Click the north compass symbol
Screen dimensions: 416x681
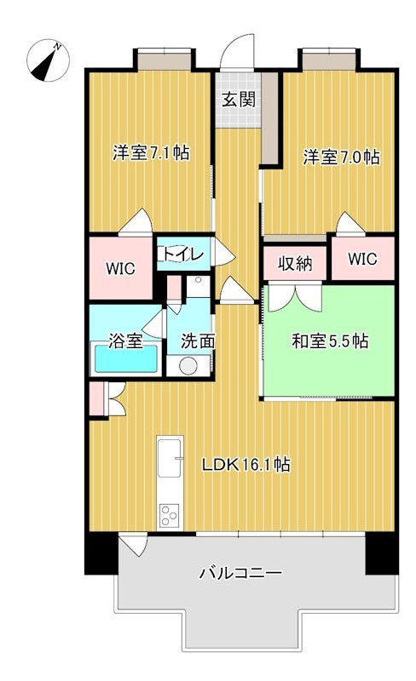click(48, 60)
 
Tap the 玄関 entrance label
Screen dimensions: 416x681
click(239, 100)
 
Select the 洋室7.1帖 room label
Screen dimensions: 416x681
click(151, 153)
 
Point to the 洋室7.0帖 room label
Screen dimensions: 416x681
click(341, 157)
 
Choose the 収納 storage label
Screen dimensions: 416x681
click(296, 264)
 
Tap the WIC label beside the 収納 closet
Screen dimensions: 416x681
click(362, 260)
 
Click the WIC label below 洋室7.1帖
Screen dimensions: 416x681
click(120, 268)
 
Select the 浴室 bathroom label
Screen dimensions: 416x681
click(125, 341)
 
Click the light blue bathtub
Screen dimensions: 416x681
click(126, 358)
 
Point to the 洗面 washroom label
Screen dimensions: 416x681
click(198, 341)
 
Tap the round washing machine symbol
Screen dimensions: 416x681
click(188, 366)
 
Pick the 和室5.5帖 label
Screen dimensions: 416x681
click(330, 341)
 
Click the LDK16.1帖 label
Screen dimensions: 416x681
click(246, 465)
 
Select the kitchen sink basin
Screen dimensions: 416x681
click(170, 458)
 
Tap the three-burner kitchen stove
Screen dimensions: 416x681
click(170, 515)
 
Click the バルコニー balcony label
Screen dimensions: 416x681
click(240, 573)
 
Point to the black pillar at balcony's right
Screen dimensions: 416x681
click(382, 552)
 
